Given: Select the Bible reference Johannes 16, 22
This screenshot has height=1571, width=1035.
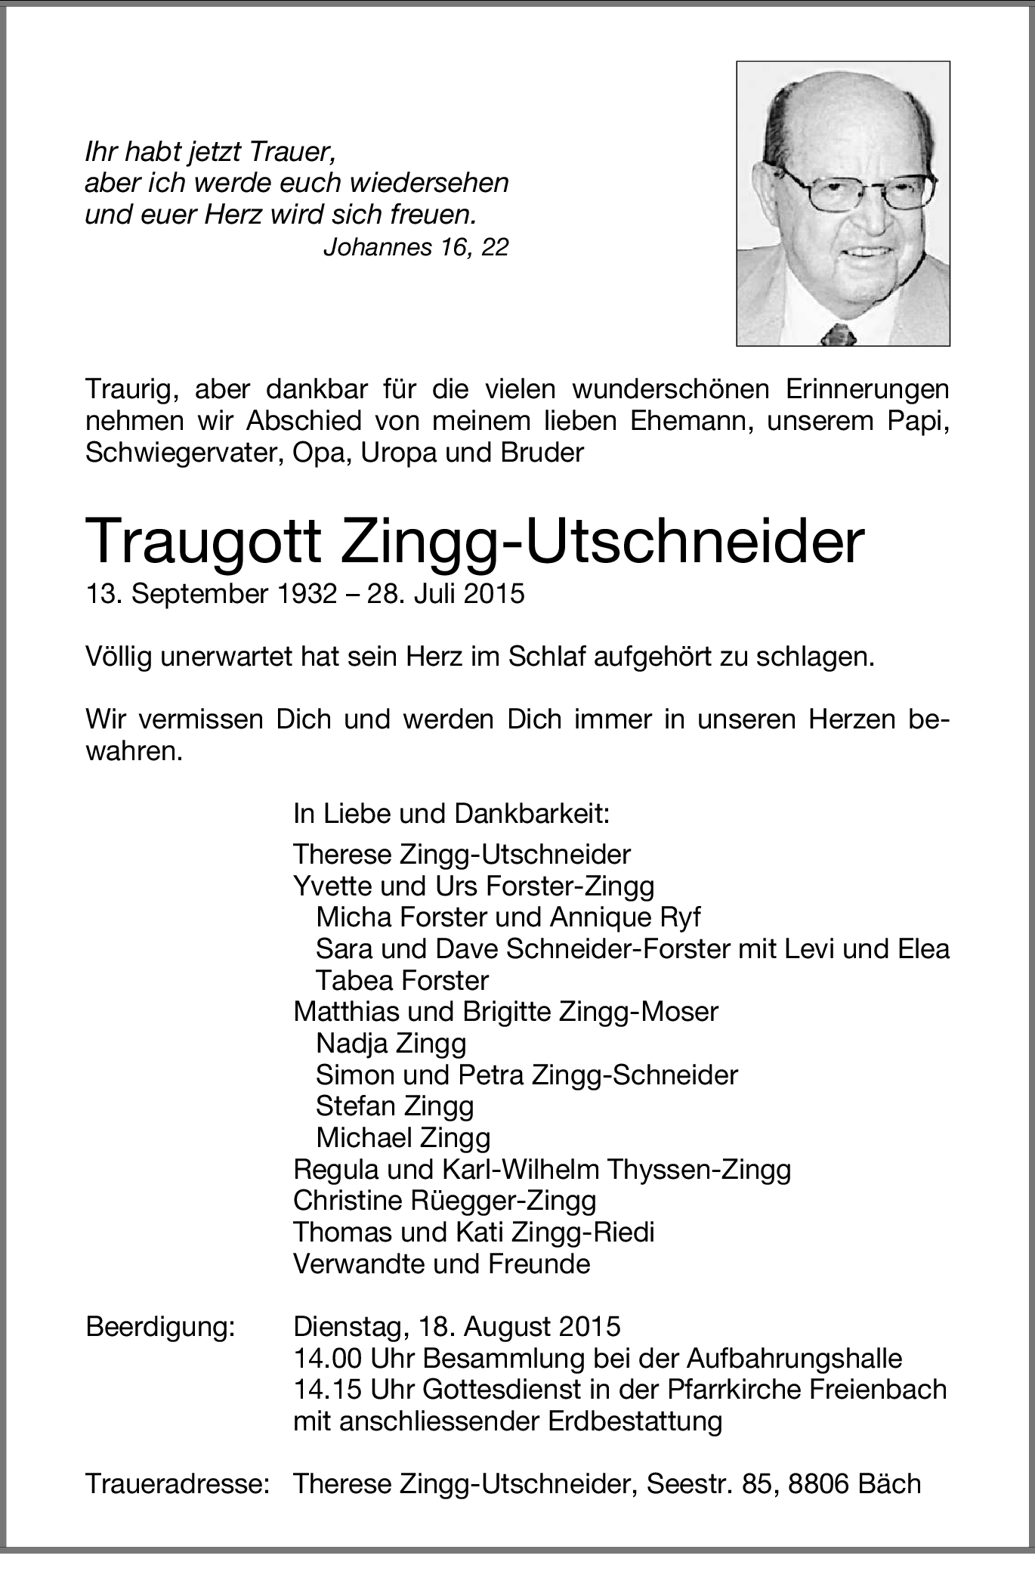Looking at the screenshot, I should tap(416, 247).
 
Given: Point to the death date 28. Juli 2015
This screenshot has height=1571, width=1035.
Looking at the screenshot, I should tap(446, 593).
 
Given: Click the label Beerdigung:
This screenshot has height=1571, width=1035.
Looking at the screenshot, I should tap(160, 1326).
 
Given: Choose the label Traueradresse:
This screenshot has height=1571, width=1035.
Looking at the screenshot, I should tap(178, 1484).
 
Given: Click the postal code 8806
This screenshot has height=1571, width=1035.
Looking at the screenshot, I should tap(818, 1484).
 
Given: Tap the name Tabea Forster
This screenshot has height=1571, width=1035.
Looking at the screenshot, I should tap(402, 980).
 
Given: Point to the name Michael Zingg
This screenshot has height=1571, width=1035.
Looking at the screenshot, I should tap(403, 1137).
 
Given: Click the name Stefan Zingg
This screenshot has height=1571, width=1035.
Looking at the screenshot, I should tap(394, 1106).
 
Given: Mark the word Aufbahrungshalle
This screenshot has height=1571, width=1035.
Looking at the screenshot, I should tap(794, 1358).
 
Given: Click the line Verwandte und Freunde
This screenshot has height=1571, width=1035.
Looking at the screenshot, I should tap(441, 1263).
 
